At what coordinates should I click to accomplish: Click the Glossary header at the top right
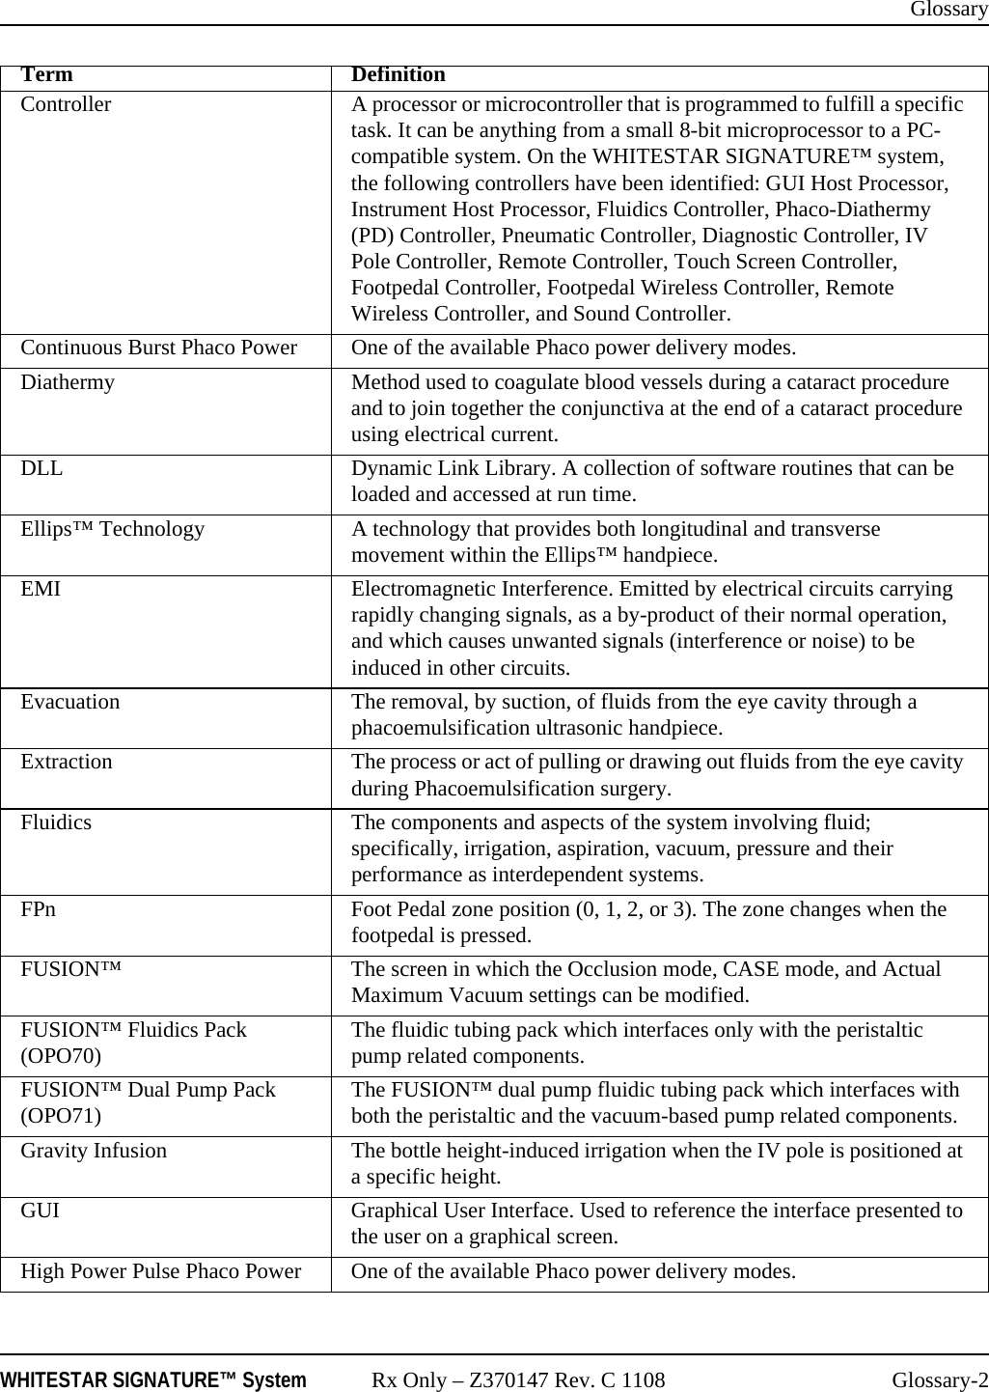(948, 10)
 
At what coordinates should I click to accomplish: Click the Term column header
(46, 75)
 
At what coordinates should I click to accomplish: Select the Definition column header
(398, 75)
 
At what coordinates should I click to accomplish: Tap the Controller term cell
(66, 104)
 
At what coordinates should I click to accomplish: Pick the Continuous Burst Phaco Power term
(158, 348)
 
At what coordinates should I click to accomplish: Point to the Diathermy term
(68, 382)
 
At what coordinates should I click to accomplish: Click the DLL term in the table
(42, 469)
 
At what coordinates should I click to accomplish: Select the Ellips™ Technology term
(113, 530)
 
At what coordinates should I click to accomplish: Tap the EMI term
(41, 590)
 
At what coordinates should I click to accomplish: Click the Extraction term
(67, 763)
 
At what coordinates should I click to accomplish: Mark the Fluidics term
(57, 823)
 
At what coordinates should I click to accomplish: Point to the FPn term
(39, 910)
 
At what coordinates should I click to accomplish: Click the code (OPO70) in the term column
(63, 1055)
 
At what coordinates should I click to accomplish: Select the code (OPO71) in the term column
(63, 1116)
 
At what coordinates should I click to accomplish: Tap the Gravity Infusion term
(94, 1152)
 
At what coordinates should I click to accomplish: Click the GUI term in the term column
(40, 1211)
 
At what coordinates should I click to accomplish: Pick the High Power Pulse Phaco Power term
(160, 1272)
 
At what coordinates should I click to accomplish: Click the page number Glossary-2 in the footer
(940, 1380)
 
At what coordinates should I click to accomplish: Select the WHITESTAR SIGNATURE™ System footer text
(153, 1380)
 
